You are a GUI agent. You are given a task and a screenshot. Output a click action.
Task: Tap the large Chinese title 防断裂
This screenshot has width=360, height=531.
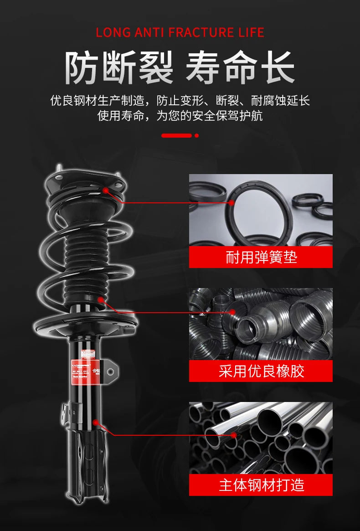(x=119, y=68)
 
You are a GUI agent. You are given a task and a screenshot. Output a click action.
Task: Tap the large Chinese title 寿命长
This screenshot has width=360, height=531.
(x=240, y=68)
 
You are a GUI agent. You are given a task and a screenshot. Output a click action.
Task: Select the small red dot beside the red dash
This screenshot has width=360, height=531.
(x=196, y=135)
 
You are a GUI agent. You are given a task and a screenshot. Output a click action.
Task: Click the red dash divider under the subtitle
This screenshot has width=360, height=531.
(x=176, y=135)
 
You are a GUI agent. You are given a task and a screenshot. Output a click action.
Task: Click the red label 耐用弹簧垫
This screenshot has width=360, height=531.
(x=261, y=258)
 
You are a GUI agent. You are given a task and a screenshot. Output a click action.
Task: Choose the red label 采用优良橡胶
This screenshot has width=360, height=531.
(x=261, y=371)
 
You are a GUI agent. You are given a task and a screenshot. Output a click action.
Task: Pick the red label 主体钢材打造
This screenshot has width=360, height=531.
(x=261, y=485)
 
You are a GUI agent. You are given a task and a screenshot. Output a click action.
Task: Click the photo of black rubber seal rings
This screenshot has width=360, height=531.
(x=261, y=210)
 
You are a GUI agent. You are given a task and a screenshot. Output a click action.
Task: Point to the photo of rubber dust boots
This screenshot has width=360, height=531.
(x=261, y=324)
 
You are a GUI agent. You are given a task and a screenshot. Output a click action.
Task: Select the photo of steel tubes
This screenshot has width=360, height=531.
(x=261, y=438)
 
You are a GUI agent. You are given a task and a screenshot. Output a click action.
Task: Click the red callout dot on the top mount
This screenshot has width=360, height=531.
(x=106, y=190)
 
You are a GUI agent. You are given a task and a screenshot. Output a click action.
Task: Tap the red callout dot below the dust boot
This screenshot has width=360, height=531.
(x=101, y=299)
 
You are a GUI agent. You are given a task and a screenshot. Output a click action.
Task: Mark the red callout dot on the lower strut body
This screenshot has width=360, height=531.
(x=96, y=423)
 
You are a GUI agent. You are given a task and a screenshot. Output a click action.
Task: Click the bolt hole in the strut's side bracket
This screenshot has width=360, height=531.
(x=110, y=372)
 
